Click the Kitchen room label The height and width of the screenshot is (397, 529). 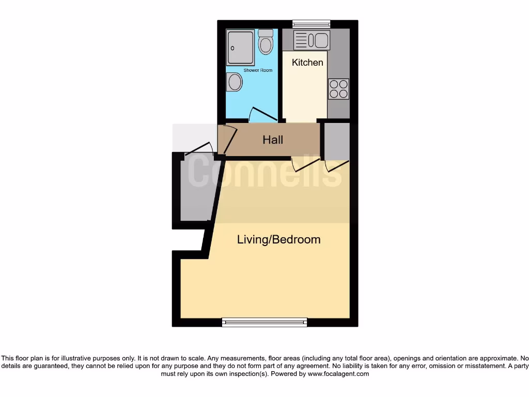tap(307, 63)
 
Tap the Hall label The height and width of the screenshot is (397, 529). tap(273, 140)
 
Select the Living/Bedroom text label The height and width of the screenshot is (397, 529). tap(278, 239)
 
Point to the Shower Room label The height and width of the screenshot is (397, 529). tap(258, 70)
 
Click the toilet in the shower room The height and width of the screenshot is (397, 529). tap(266, 42)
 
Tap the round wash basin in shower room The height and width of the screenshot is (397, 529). tap(235, 82)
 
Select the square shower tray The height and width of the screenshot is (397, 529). tap(240, 47)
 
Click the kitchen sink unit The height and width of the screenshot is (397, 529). tap(312, 40)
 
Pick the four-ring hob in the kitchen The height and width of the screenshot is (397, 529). tap(338, 88)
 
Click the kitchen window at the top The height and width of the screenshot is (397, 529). tap(311, 23)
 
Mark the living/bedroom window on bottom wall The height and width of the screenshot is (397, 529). tap(264, 323)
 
